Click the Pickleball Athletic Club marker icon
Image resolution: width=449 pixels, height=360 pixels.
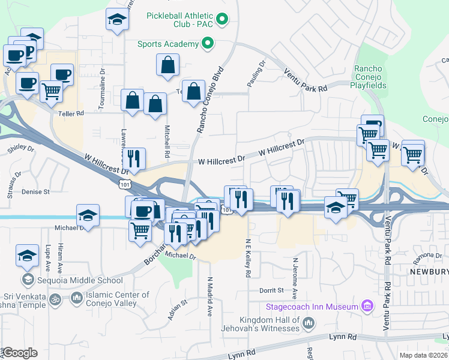tap(222, 20)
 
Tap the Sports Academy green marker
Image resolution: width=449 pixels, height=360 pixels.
tap(208, 43)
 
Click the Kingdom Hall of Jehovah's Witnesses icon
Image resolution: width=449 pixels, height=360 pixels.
tap(309, 324)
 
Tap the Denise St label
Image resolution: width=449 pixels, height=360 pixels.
tap(35, 192)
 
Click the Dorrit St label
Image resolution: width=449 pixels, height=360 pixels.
tap(271, 290)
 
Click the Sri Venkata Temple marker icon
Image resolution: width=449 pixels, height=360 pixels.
tap(53, 298)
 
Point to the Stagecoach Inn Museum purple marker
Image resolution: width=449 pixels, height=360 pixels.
tap(366, 307)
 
